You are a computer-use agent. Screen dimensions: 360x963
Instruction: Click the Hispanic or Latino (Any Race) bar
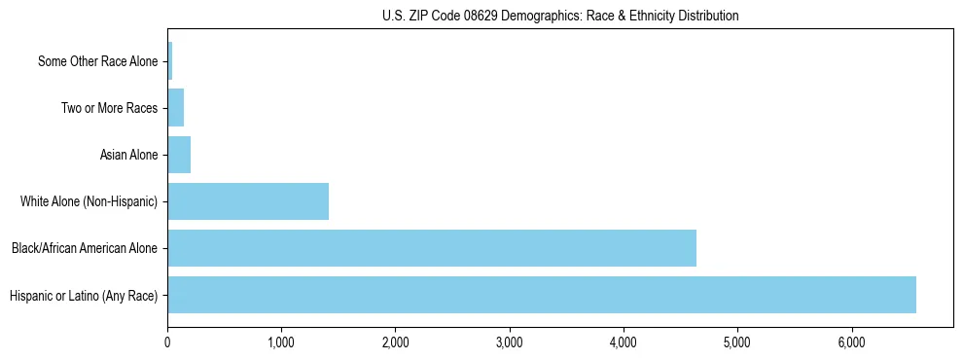pos(542,295)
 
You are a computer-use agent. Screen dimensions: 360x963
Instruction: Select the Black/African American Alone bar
pos(432,248)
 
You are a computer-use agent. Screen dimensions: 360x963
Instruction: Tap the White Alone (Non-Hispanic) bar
pos(248,201)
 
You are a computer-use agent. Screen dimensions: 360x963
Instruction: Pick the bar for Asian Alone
pos(179,155)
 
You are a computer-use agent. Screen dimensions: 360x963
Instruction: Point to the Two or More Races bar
pos(176,108)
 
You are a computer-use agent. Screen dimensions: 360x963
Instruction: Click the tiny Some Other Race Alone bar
pos(170,61)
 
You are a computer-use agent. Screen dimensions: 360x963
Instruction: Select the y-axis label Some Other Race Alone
pos(97,61)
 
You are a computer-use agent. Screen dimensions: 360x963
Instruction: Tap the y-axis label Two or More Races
pos(109,108)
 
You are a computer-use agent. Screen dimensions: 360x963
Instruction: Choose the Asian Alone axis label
pos(128,155)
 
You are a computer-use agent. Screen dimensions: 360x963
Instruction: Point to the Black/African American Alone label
pos(85,248)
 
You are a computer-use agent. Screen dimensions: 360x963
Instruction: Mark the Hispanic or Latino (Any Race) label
pos(84,295)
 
